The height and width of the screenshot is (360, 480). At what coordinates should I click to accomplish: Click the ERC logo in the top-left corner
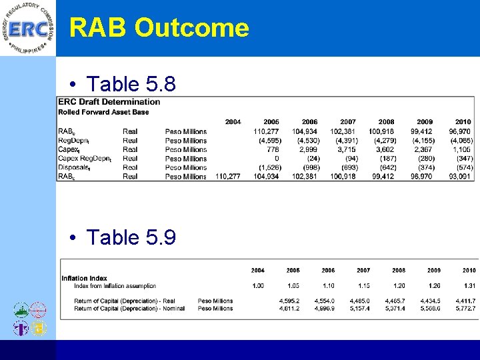(x=28, y=29)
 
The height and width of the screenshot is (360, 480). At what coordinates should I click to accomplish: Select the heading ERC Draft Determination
(x=109, y=102)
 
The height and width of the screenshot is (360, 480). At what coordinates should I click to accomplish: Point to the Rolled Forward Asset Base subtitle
(x=103, y=112)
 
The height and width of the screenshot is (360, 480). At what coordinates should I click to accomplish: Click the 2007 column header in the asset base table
(x=348, y=122)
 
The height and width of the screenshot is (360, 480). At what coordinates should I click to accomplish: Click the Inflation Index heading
(x=84, y=278)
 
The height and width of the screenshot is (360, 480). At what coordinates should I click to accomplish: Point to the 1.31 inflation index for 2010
(x=469, y=286)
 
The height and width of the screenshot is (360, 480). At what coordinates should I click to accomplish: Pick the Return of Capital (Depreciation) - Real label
(x=125, y=301)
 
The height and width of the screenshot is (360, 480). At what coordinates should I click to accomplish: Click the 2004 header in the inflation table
(x=257, y=270)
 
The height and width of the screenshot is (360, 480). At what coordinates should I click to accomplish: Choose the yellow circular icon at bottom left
(x=39, y=328)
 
